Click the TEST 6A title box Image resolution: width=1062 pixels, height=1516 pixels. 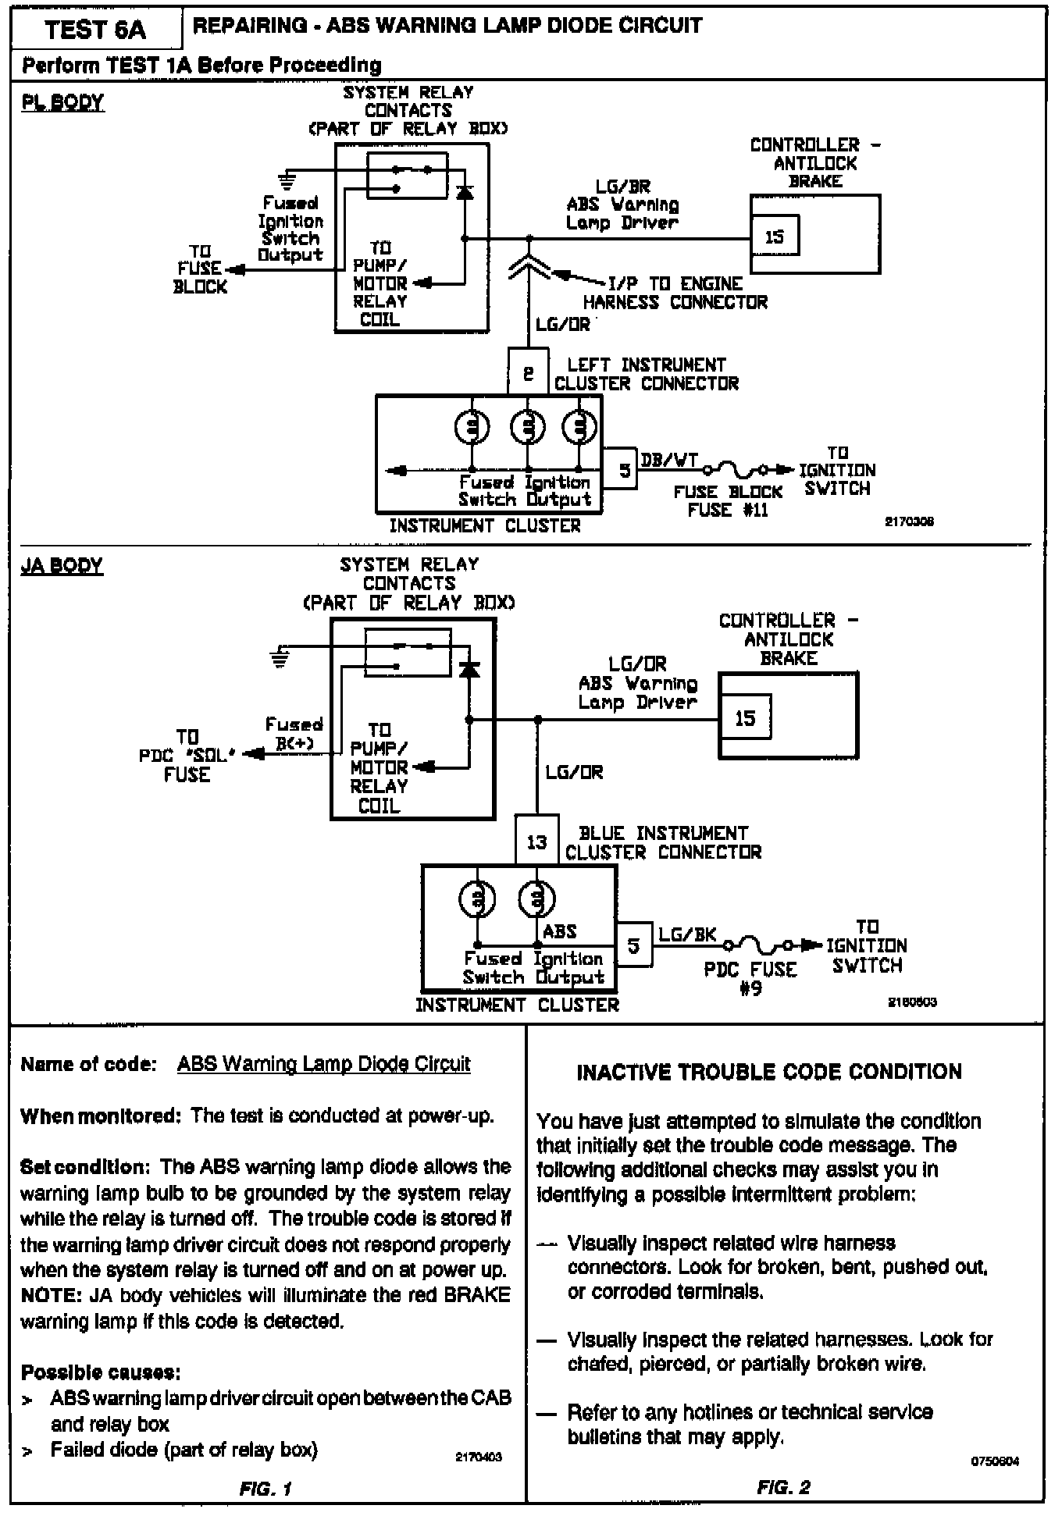point(95,30)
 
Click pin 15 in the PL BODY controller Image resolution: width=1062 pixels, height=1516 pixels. point(775,237)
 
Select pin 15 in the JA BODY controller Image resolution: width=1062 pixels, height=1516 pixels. point(745,717)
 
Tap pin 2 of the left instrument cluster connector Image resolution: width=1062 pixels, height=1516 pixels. point(529,372)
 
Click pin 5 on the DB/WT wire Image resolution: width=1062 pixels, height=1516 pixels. point(624,470)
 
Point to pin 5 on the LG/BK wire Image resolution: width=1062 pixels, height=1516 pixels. point(634,946)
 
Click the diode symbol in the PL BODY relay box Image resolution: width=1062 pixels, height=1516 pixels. point(465,190)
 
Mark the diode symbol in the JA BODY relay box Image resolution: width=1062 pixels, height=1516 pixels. point(469,668)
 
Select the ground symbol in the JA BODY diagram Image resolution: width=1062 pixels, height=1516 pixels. point(279,658)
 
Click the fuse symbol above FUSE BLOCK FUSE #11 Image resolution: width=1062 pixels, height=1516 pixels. point(737,471)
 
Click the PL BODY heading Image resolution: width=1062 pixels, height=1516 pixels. point(62,103)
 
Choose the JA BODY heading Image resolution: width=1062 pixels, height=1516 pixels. point(62,565)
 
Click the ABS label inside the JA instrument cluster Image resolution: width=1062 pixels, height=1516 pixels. point(559,931)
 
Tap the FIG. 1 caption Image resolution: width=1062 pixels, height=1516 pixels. point(265,1489)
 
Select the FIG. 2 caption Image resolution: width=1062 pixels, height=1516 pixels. point(783,1487)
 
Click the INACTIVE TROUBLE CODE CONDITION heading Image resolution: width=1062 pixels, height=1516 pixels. point(769,1072)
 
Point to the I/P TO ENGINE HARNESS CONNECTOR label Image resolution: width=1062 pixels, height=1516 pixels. point(675,293)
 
